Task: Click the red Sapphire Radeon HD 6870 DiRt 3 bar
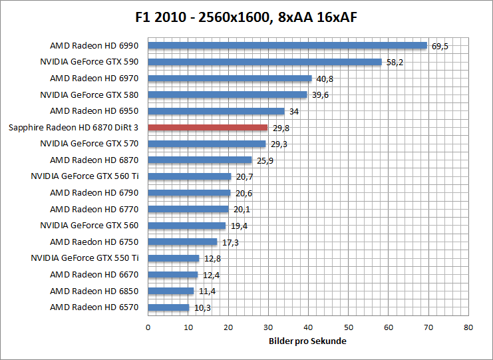click(x=208, y=127)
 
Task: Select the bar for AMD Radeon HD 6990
click(x=287, y=46)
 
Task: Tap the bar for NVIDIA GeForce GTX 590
click(x=264, y=62)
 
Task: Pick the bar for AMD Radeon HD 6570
click(x=168, y=307)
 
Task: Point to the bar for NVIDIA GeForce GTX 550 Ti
click(x=173, y=258)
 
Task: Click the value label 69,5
click(x=440, y=47)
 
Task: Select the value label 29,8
click(x=281, y=128)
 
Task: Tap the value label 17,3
click(x=230, y=243)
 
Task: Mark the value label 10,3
click(x=202, y=308)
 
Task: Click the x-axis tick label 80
click(x=468, y=327)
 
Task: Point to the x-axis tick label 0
click(x=148, y=327)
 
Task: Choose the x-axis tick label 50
click(x=348, y=327)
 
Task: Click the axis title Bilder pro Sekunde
click(x=308, y=341)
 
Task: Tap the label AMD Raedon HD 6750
click(x=94, y=242)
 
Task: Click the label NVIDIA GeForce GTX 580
click(x=89, y=94)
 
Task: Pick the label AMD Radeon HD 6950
click(x=94, y=111)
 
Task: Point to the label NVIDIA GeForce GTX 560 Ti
click(x=84, y=176)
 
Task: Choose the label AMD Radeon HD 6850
click(x=94, y=291)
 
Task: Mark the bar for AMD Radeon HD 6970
click(x=230, y=79)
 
